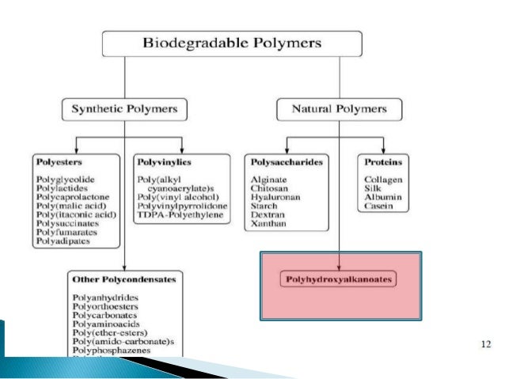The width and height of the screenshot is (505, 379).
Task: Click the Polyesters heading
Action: [55, 162]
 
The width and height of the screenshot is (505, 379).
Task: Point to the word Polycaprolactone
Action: [72, 197]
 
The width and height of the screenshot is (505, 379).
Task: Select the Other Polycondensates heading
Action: [123, 279]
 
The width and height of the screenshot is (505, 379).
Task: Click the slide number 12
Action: [486, 345]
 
